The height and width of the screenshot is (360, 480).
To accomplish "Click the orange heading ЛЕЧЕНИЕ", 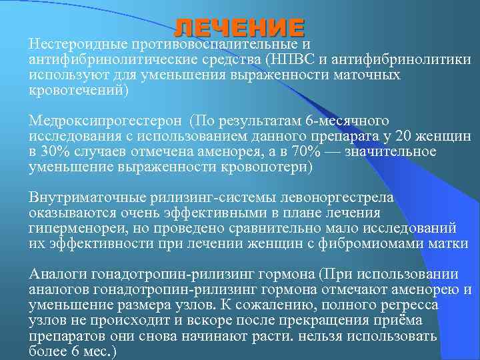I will point(239,27).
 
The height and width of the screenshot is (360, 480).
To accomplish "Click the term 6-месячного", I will point(347,121).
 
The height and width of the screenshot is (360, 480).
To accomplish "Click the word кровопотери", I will point(267,167).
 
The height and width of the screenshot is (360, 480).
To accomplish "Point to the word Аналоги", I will point(57,274).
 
